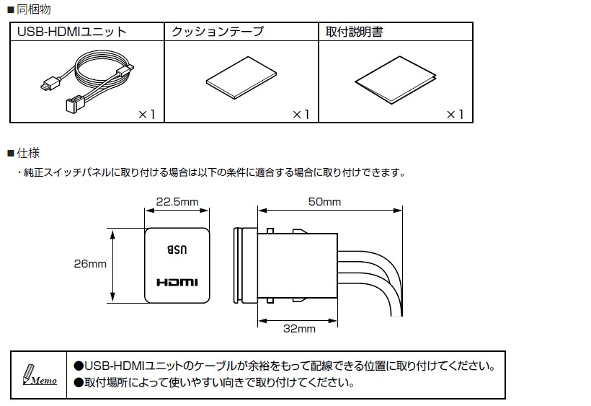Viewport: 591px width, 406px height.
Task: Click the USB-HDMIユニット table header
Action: click(71, 32)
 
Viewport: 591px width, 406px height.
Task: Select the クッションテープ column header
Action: click(218, 32)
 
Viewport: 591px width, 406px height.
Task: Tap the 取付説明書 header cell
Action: click(355, 32)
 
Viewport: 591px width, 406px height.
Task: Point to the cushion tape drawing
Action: click(241, 78)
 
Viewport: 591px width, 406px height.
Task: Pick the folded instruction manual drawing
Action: click(396, 80)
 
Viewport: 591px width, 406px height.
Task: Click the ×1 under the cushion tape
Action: click(301, 114)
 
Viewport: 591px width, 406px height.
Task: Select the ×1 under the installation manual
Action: click(455, 114)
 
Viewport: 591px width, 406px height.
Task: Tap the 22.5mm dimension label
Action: click(177, 202)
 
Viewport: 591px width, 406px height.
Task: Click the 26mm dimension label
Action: click(90, 263)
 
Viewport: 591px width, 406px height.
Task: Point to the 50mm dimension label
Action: click(324, 202)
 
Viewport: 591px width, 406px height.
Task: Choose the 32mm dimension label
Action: click(299, 329)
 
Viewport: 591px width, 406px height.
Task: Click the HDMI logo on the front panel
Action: click(177, 282)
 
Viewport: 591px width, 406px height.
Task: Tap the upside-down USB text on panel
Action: click(177, 250)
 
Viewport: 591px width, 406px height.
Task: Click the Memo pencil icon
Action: click(39, 375)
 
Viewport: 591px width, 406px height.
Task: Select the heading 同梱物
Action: click(34, 9)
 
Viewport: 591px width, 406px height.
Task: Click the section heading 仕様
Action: click(28, 153)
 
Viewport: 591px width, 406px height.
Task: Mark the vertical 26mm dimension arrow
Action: click(112, 265)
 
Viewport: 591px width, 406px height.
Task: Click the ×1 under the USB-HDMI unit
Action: click(146, 114)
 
